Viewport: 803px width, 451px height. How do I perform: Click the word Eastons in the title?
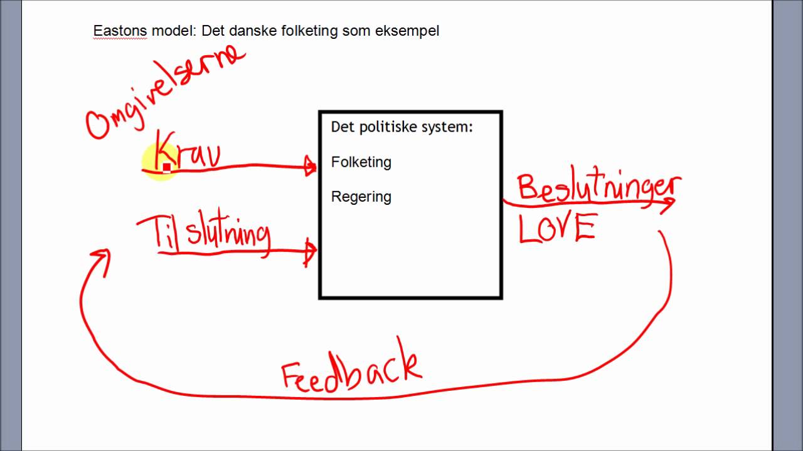point(120,31)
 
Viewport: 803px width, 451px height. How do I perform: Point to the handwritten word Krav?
point(187,152)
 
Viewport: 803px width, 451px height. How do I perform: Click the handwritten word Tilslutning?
point(204,232)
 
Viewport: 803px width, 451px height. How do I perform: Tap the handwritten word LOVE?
point(556,228)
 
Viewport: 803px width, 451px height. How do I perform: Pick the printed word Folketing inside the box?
point(361,162)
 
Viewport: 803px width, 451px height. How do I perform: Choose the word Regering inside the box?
point(361,197)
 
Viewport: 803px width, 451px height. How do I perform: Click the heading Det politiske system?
point(401,127)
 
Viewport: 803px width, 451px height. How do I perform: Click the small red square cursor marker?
point(167,167)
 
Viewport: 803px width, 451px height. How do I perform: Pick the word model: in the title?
point(174,31)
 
